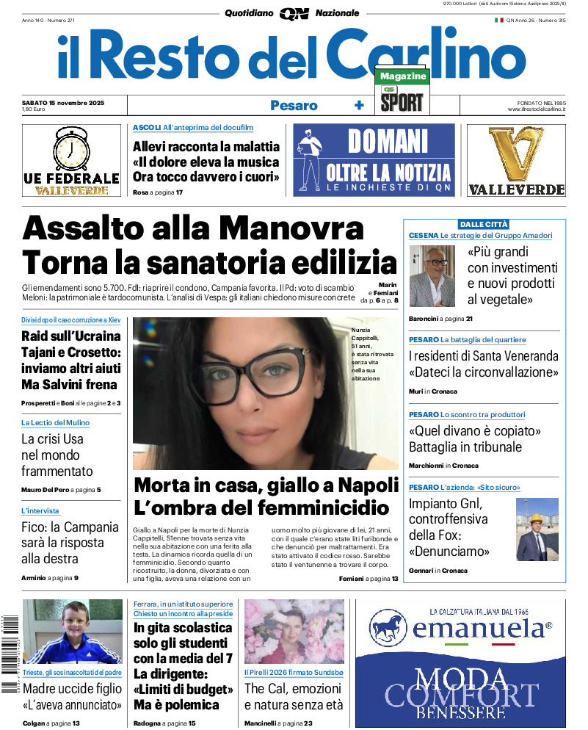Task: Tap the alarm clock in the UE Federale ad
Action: (x=71, y=150)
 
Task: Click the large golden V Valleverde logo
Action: (x=516, y=154)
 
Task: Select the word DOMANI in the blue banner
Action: (x=388, y=141)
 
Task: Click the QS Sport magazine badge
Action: (x=402, y=93)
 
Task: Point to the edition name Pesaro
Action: (x=294, y=106)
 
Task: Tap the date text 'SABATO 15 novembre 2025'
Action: (x=63, y=103)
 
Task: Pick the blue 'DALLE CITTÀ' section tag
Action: (x=484, y=224)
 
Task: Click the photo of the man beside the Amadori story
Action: (x=432, y=275)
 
